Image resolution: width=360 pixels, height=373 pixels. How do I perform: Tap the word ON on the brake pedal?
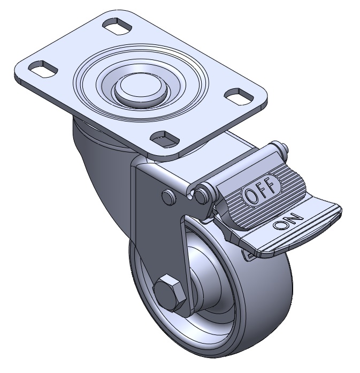288,222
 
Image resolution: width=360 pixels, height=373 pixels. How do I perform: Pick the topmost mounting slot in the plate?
117,27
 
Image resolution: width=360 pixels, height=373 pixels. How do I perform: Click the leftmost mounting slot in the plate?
43,68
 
